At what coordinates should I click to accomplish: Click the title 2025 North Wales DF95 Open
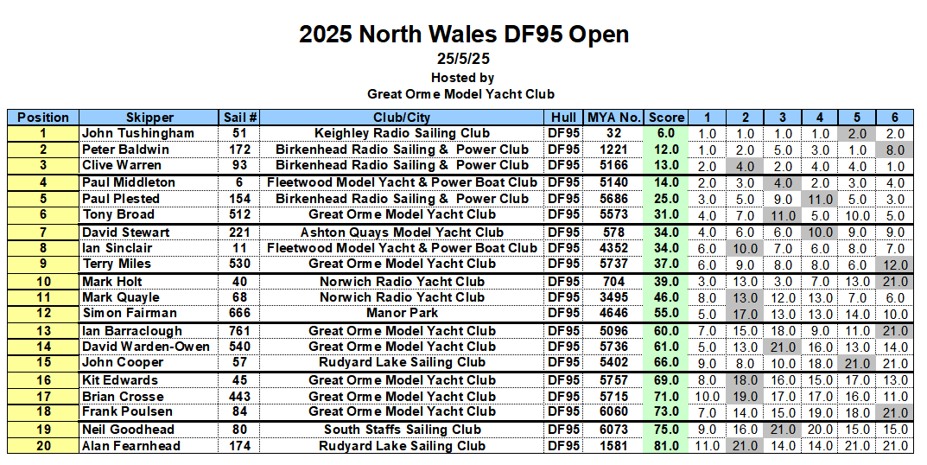pos(463,35)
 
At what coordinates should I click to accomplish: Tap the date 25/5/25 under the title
pos(463,60)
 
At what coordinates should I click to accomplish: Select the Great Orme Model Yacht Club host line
pos(460,93)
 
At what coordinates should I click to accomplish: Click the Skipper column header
pos(149,118)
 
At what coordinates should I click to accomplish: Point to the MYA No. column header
pos(613,118)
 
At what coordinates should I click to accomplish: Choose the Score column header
pos(666,118)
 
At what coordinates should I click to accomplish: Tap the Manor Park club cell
pos(402,313)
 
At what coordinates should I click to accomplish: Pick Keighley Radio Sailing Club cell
pos(402,133)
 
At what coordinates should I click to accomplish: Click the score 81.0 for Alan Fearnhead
pos(666,446)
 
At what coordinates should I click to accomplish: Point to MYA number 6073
pos(613,430)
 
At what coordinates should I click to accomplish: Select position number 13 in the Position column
pos(43,331)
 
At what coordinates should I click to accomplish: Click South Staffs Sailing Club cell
pos(402,430)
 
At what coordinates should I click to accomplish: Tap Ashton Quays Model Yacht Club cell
pos(402,232)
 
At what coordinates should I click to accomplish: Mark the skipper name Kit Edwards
pos(120,380)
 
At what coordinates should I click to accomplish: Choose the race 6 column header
pos(895,118)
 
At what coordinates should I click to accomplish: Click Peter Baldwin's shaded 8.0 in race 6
pos(895,150)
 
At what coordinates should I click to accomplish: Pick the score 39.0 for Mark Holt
pos(666,282)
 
